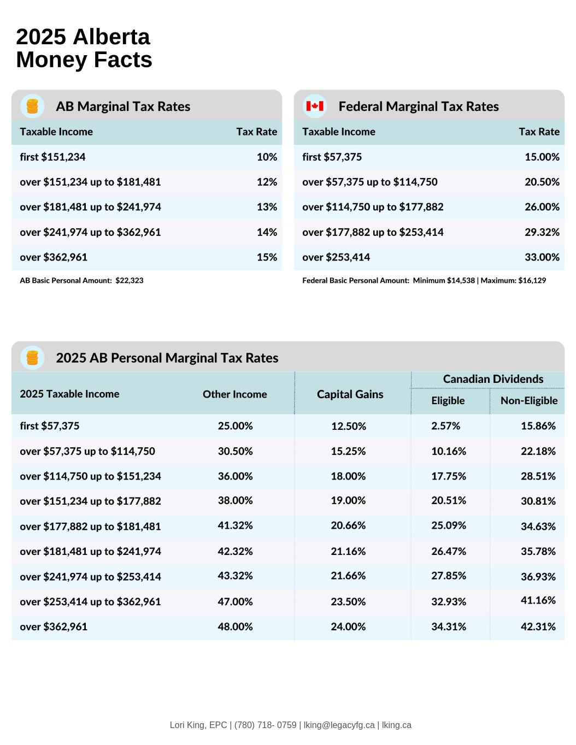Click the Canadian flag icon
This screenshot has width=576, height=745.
coord(315,106)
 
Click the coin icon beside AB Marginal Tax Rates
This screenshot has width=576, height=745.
coord(32,106)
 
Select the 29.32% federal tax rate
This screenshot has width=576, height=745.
coord(542,232)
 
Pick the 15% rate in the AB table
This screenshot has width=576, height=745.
coord(267,257)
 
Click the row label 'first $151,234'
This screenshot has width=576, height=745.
coord(52,157)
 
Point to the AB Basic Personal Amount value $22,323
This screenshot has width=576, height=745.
coord(130,281)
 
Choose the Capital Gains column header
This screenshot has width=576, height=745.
coord(350,394)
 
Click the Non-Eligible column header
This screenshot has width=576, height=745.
coord(528,400)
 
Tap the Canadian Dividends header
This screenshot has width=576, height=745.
coord(493,379)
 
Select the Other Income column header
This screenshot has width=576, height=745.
coord(234,394)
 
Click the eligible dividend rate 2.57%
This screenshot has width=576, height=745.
coord(445,426)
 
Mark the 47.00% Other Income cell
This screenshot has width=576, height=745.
coord(235,602)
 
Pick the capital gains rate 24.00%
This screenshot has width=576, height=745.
coord(348,627)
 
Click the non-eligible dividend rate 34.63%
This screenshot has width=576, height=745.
coord(538,527)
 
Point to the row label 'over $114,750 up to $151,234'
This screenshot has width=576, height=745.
coord(90,476)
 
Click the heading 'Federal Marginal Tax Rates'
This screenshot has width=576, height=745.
coord(419,107)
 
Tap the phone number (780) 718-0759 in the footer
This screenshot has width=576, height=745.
coord(265,725)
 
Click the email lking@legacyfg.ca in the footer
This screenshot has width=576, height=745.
coord(339,725)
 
